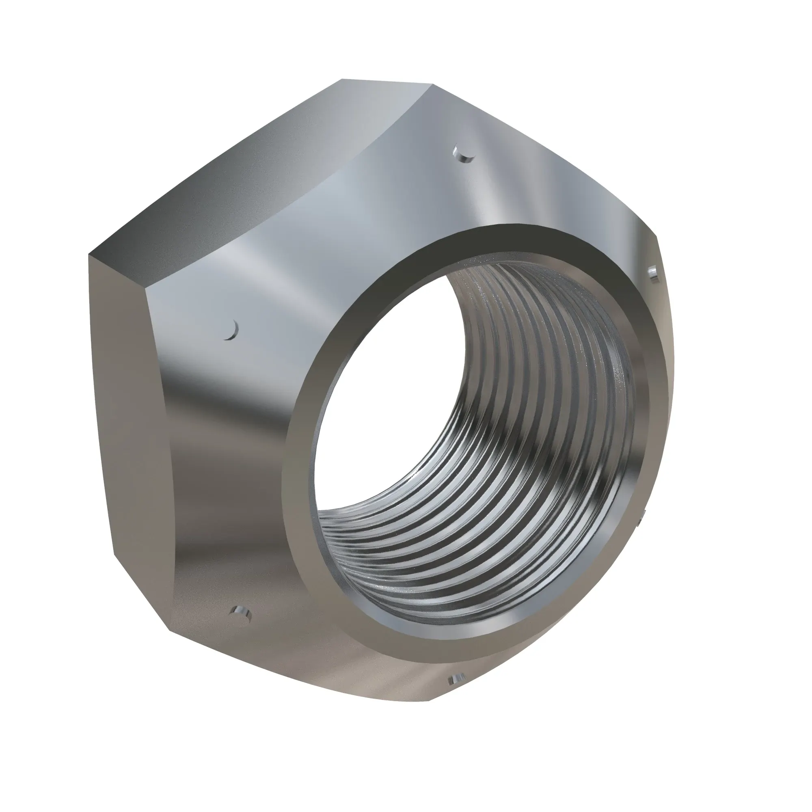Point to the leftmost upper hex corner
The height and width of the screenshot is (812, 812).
(x=89, y=254)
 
